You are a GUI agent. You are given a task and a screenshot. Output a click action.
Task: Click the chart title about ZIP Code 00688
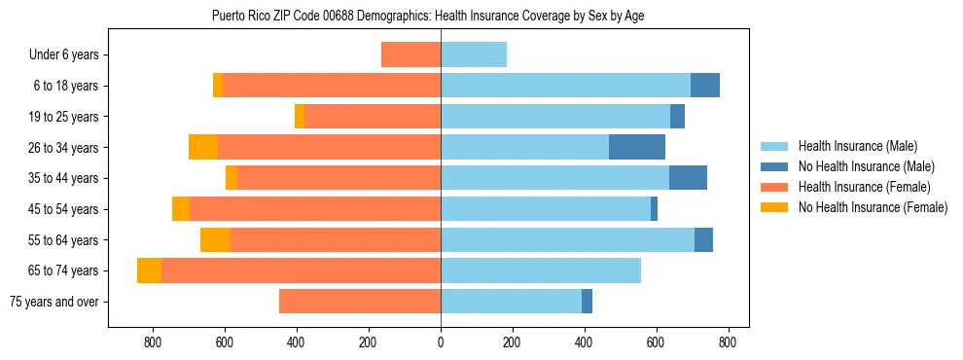point(427,16)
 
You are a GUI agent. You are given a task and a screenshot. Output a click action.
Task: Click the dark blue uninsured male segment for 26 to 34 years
point(637,148)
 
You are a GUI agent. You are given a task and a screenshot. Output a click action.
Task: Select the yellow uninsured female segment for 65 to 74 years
point(149,270)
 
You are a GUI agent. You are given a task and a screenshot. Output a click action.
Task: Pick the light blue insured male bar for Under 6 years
point(474,55)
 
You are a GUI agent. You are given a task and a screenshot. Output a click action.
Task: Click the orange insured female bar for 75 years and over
point(360,302)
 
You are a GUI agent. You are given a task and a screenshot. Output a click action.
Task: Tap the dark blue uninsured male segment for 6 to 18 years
point(705,86)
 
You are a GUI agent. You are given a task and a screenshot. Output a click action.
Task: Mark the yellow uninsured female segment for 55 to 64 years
point(215,240)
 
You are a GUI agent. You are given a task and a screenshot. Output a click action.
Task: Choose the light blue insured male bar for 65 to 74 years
point(541,270)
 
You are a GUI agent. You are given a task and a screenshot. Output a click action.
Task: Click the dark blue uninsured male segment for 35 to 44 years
point(688,178)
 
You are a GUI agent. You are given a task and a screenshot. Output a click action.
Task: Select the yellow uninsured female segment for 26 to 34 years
point(203,148)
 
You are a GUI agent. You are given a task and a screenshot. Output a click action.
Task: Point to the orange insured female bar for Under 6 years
point(410,55)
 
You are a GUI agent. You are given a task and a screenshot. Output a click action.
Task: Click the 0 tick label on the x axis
point(441,342)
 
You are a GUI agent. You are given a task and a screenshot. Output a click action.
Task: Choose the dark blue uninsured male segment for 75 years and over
point(587,302)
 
